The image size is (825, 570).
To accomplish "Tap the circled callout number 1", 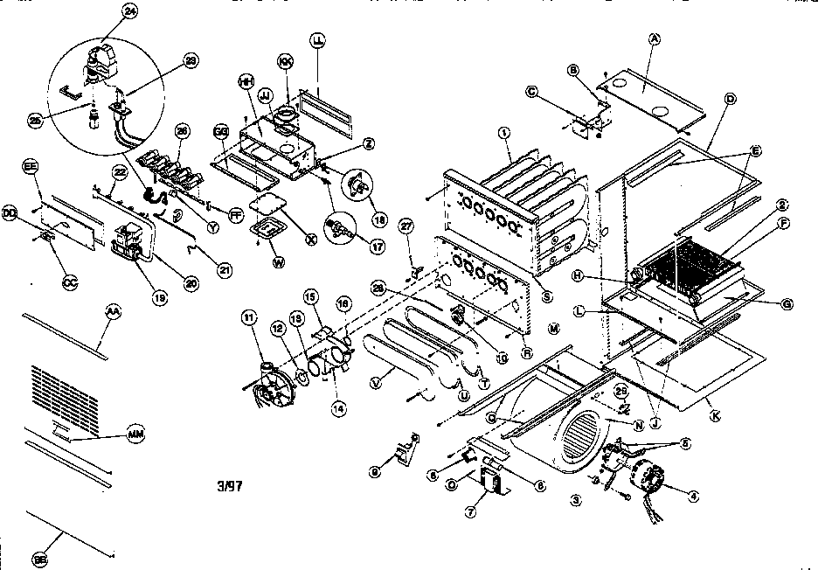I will pos(504,133).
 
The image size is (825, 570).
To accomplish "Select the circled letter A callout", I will pos(653,38).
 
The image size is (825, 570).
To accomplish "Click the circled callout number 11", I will pos(248,320).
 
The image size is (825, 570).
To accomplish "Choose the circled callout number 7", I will pos(469,513).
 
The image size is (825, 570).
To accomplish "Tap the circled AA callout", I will pos(112,311).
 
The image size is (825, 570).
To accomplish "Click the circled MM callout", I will pos(135,434).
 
